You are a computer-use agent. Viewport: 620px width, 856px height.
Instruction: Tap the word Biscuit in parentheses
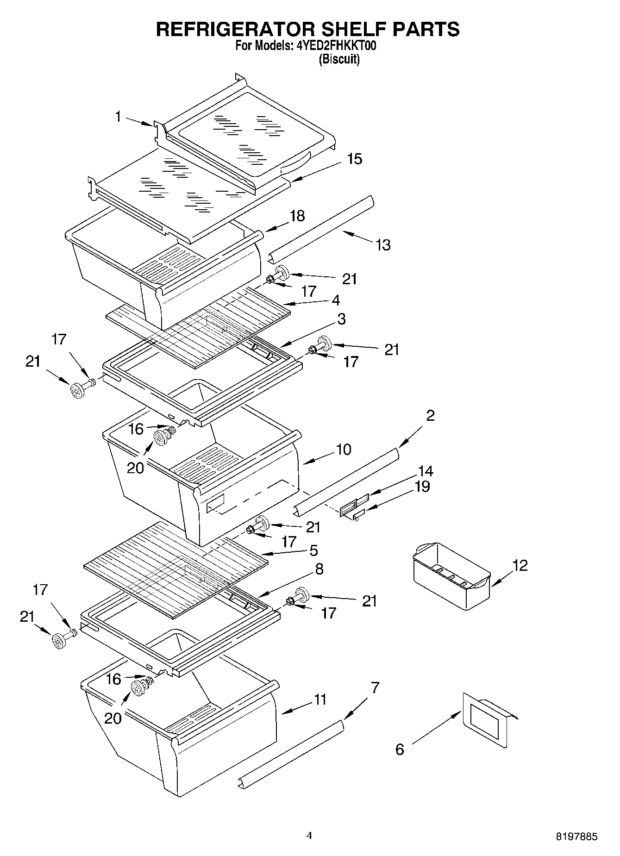tap(339, 59)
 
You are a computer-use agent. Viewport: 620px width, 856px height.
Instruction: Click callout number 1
tap(119, 117)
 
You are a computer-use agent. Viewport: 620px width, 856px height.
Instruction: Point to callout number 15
tap(354, 159)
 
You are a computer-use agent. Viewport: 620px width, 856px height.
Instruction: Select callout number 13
tap(383, 244)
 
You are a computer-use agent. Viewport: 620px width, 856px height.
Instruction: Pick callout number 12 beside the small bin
tap(520, 565)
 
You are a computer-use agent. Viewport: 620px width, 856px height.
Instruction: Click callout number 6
tap(400, 749)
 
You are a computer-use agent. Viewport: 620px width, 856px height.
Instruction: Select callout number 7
tap(375, 687)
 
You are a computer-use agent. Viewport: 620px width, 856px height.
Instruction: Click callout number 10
tap(343, 449)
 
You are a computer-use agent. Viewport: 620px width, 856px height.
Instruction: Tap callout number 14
tap(425, 471)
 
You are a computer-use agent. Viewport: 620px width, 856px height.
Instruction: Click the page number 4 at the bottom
tap(309, 836)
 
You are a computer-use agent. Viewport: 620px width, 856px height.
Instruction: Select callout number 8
tap(319, 569)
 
